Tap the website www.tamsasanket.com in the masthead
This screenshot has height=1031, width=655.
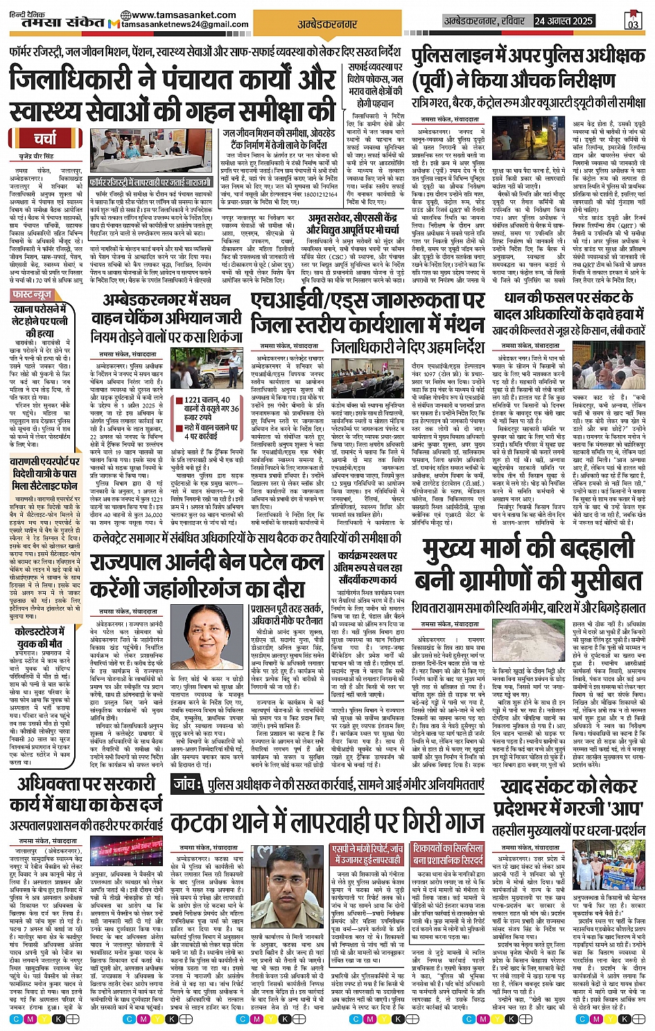pos(172,15)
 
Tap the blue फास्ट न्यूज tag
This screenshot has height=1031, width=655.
pos(31,295)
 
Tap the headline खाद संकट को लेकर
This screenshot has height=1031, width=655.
pos(568,786)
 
